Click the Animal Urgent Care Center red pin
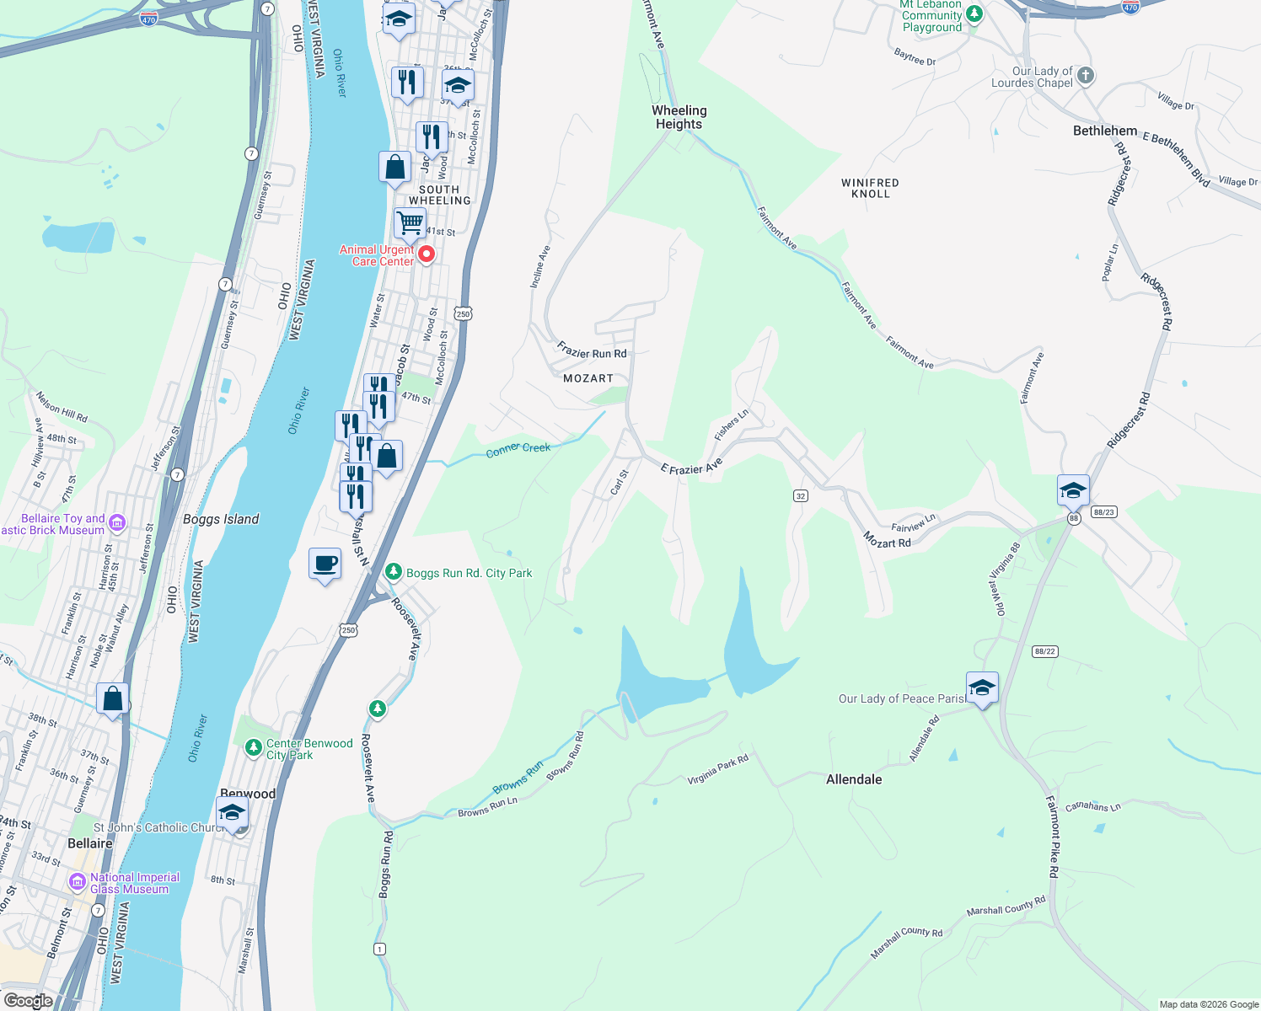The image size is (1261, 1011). (427, 254)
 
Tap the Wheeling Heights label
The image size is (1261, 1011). (679, 117)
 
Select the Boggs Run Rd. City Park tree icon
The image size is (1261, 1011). (393, 572)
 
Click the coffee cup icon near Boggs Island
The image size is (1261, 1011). (325, 564)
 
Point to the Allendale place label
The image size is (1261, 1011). (854, 779)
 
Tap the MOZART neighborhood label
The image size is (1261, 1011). (588, 378)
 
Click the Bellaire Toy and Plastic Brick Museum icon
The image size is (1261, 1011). (117, 523)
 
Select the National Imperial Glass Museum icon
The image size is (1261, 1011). (78, 882)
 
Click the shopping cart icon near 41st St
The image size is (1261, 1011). (410, 223)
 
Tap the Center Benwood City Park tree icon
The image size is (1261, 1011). (253, 747)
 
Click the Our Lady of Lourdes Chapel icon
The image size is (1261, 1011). (1086, 76)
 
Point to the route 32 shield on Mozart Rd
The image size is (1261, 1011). (801, 496)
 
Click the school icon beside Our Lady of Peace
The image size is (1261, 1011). (982, 688)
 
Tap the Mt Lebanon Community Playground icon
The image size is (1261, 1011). (974, 13)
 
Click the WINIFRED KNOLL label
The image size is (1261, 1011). (870, 188)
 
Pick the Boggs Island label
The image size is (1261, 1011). (221, 519)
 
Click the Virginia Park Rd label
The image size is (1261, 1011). (717, 770)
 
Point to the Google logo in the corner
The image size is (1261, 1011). (28, 1000)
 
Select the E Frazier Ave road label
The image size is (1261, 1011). (691, 467)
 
